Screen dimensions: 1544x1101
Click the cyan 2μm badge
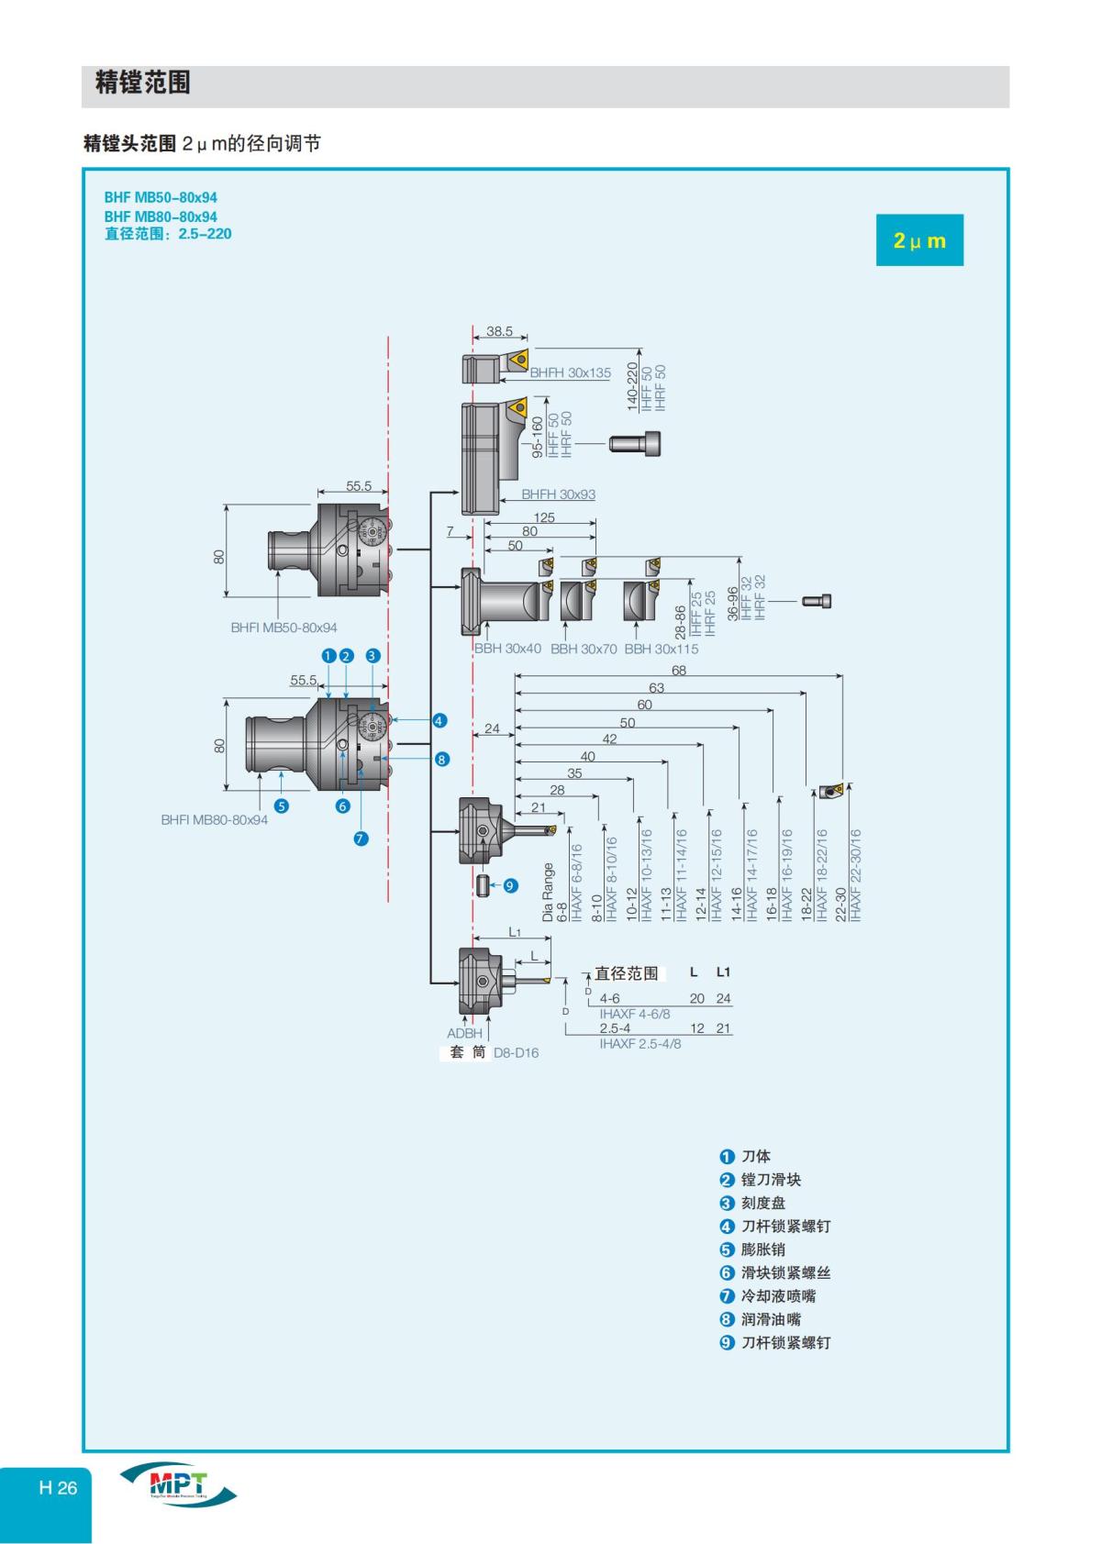click(919, 240)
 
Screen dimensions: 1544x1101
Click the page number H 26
click(58, 1487)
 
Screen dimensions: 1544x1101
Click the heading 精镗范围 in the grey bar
click(143, 83)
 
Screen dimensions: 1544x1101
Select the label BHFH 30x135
click(570, 372)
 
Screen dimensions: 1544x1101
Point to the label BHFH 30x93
click(558, 494)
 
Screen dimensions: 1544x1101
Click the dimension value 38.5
click(499, 331)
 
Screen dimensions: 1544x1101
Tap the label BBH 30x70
click(584, 649)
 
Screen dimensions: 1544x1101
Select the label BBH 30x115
click(661, 649)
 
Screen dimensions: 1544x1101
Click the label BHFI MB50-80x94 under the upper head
click(284, 628)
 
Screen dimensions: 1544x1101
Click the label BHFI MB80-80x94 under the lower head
click(214, 819)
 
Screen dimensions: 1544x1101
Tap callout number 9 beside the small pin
click(510, 885)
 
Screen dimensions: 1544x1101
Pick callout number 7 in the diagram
click(361, 838)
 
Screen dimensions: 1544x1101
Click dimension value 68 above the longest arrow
click(678, 671)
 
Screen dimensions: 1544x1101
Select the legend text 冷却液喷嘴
click(778, 1295)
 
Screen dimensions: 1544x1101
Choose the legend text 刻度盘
click(763, 1203)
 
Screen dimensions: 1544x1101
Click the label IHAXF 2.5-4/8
click(640, 1043)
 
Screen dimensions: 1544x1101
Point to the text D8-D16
click(516, 1052)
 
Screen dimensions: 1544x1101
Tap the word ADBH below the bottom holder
click(464, 1033)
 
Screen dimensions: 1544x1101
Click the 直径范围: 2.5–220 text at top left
click(168, 234)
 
